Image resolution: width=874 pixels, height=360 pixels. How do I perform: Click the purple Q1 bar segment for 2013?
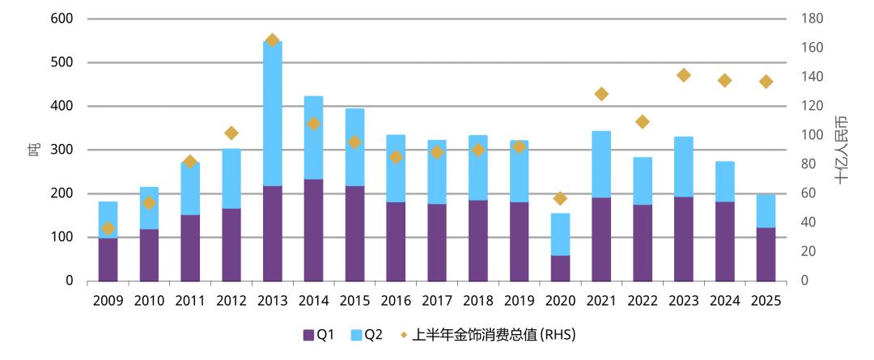coord(272,233)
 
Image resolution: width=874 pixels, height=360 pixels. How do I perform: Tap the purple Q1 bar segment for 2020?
coord(560,268)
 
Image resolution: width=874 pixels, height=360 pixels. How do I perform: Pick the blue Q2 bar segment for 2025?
coord(766,211)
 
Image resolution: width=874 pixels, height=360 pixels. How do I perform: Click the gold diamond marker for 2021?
coord(600,94)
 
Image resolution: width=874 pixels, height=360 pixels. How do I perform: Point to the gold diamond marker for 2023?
coord(683,75)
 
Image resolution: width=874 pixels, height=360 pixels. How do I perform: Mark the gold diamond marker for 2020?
coord(560,198)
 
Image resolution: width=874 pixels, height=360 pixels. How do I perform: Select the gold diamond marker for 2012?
coord(231,133)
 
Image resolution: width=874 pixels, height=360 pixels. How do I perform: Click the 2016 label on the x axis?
coord(396,301)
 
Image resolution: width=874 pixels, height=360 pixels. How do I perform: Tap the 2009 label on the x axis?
coord(108,301)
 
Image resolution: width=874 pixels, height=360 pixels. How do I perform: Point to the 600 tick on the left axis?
coord(62,19)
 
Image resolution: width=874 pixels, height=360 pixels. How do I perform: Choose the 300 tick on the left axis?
coord(62,150)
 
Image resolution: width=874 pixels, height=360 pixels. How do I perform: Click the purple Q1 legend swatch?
coord(308,335)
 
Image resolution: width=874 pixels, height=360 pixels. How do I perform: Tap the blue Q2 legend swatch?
coord(357,335)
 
